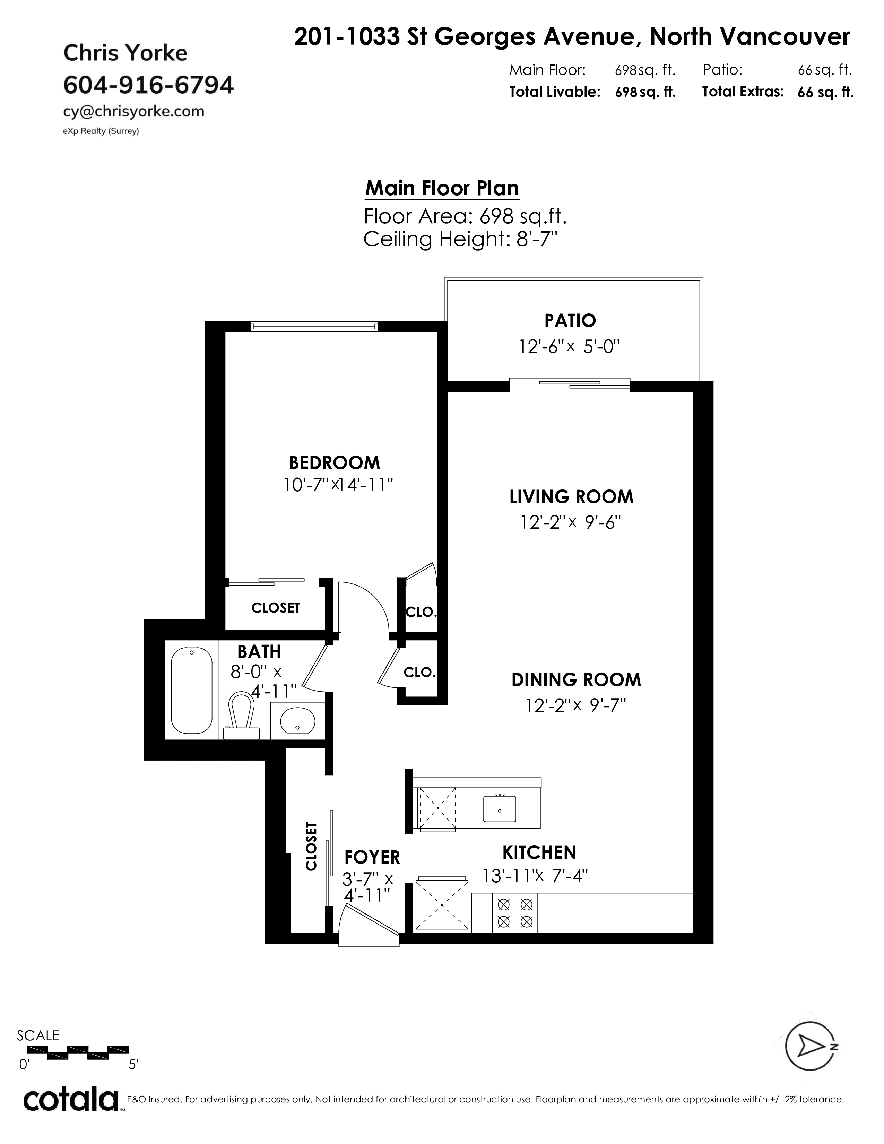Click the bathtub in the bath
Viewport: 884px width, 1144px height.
pyautogui.click(x=192, y=690)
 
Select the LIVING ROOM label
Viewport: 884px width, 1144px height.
pyautogui.click(x=571, y=496)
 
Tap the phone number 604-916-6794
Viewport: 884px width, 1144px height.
pyautogui.click(x=149, y=85)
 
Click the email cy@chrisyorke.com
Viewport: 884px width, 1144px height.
pyautogui.click(x=133, y=112)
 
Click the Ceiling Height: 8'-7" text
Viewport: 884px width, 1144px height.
pyautogui.click(x=460, y=240)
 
